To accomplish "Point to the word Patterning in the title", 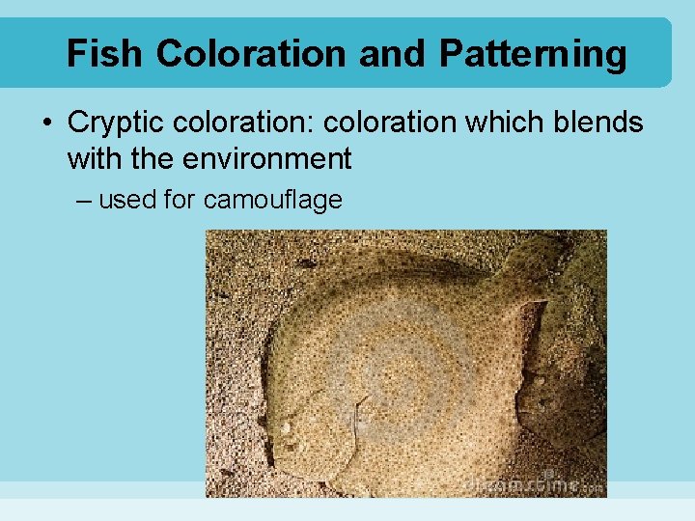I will [x=532, y=55].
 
